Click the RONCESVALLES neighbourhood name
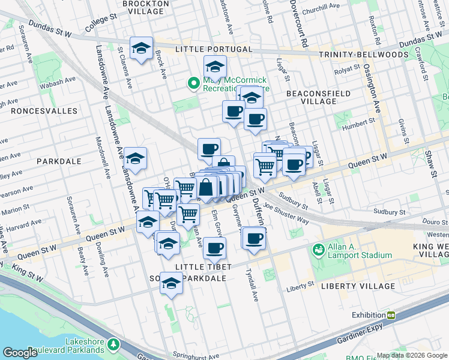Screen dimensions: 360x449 tap(48, 111)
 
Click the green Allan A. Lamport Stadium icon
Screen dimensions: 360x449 tap(318, 248)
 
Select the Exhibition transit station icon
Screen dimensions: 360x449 tap(391, 315)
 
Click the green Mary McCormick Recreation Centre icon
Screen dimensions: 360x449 tap(193, 83)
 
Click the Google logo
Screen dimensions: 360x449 tap(20, 353)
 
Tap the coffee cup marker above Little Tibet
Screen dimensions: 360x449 tap(214, 247)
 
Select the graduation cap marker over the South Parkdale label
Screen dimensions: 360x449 tap(171, 283)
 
